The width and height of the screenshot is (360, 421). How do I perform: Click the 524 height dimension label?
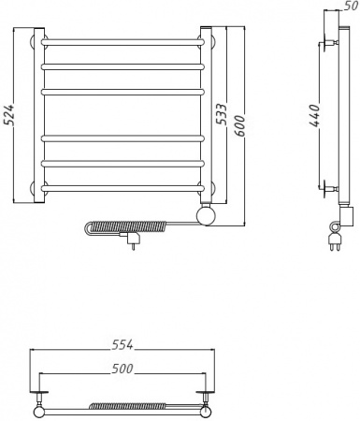click(10, 114)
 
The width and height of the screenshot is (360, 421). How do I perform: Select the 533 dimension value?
click(222, 114)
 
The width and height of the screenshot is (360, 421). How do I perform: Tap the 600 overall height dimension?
click(239, 125)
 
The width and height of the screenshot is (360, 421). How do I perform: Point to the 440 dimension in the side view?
click(315, 116)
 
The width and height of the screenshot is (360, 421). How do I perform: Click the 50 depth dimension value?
click(352, 6)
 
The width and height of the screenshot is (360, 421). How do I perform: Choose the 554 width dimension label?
click(122, 344)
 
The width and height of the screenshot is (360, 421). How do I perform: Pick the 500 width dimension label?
click(122, 369)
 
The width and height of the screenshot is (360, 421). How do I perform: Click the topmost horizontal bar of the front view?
click(122, 42)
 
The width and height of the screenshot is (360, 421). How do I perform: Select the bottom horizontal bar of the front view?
click(122, 189)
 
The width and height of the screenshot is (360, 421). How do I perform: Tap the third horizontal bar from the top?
click(122, 92)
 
